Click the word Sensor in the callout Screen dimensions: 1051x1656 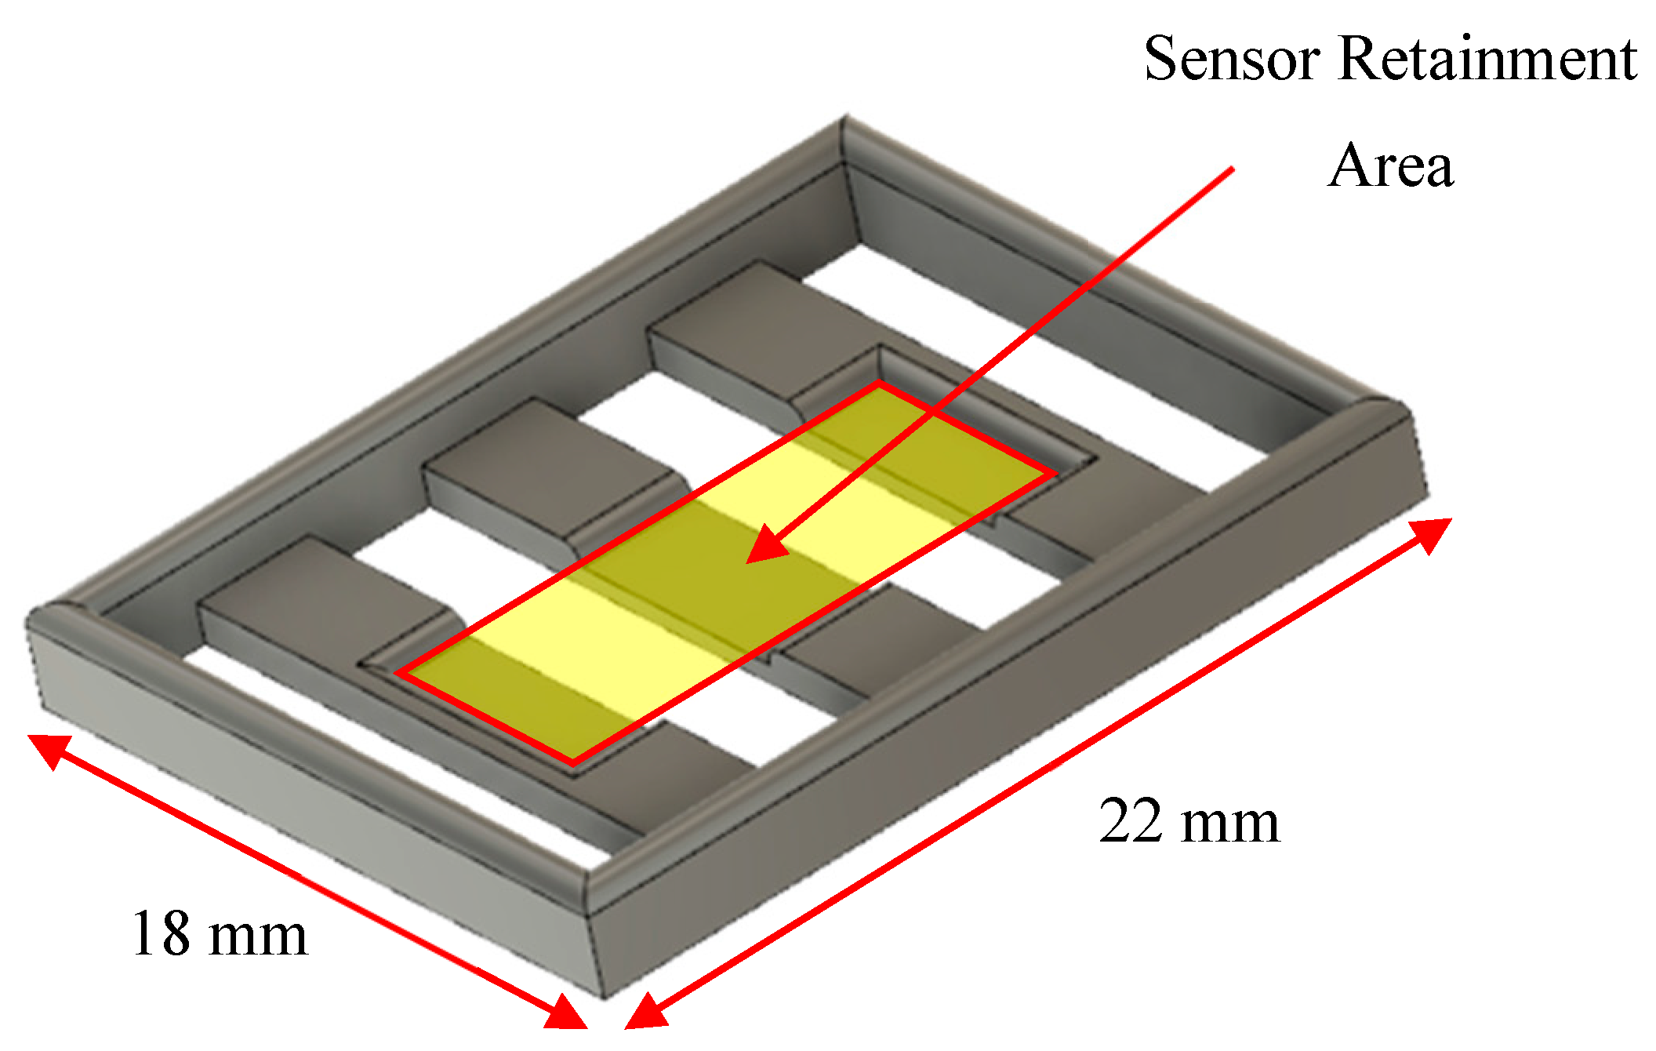click(x=1231, y=59)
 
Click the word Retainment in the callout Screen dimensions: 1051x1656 click(x=1487, y=59)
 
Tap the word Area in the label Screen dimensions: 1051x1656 click(x=1390, y=166)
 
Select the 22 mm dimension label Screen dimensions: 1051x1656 click(x=1189, y=822)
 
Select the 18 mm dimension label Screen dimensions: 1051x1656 click(x=220, y=934)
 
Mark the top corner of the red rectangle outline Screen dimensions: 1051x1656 click(x=879, y=384)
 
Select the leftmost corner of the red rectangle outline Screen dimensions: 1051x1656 click(x=398, y=673)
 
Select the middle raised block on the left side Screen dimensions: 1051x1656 click(x=541, y=471)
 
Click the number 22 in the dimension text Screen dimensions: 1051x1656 click(x=1130, y=822)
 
